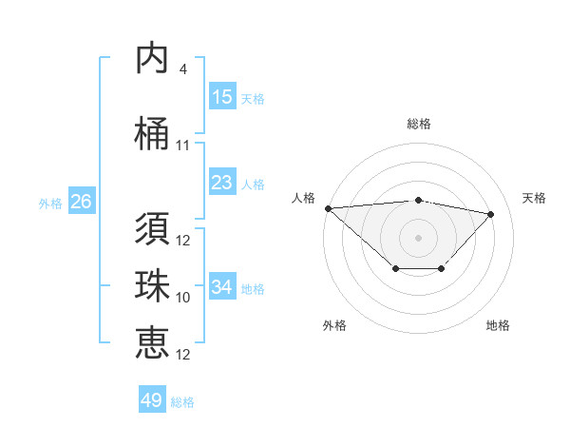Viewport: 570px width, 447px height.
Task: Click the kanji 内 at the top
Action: coord(152,59)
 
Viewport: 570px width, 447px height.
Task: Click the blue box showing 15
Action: coord(222,97)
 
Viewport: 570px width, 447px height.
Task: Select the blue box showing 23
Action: coord(222,183)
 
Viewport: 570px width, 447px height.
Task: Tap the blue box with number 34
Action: coord(222,287)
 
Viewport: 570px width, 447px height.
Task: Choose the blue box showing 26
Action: coord(81,202)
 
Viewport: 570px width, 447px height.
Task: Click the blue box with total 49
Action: coord(152,400)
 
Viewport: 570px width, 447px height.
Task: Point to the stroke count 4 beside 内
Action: coord(182,69)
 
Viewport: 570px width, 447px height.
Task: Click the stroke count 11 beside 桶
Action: coord(183,146)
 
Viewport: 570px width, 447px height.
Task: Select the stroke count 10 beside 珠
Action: coord(183,298)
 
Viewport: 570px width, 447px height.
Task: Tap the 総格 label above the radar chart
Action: coord(419,124)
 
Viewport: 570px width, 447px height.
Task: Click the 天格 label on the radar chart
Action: coord(535,198)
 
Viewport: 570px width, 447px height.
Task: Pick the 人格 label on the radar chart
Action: coord(304,198)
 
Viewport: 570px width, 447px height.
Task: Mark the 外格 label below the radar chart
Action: coord(334,325)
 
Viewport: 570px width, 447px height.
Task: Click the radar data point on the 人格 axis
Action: coord(328,208)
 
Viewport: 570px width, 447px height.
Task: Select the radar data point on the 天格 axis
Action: coord(491,214)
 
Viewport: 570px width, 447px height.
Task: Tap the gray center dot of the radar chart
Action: coord(418,237)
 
